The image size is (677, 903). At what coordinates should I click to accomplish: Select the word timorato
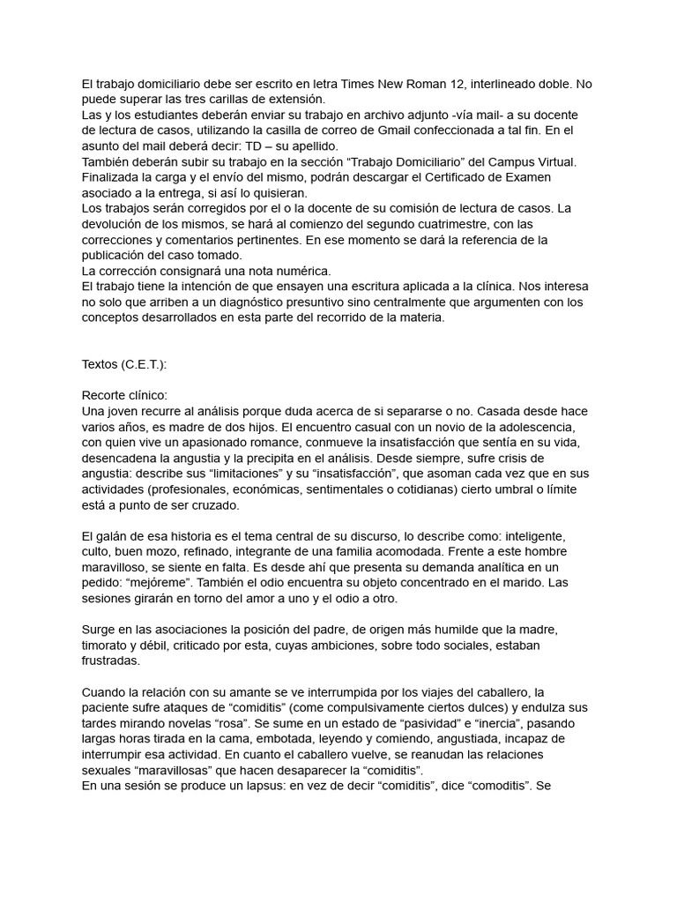tap(109, 646)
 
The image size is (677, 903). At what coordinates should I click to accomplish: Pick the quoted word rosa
tap(236, 724)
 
